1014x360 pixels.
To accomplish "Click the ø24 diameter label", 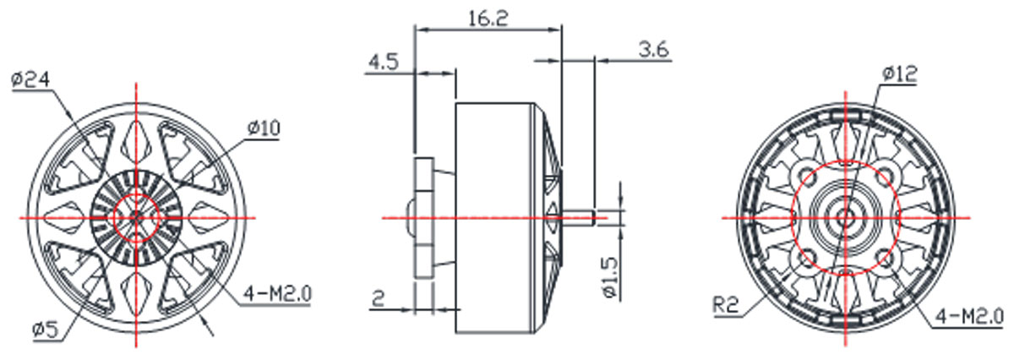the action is click(30, 79).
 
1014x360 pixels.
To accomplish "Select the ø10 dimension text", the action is click(264, 128).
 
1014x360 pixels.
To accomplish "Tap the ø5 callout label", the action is click(46, 330).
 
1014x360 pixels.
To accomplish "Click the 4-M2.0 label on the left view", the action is click(278, 294).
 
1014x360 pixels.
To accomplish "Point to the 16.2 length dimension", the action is click(488, 19).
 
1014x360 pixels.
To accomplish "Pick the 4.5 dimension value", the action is click(383, 62).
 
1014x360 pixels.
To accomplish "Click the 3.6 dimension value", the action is click(654, 49).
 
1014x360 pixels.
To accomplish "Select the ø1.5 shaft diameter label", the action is click(610, 277).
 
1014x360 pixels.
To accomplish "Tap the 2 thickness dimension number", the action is click(379, 298).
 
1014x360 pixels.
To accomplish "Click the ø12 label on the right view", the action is click(899, 74).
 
